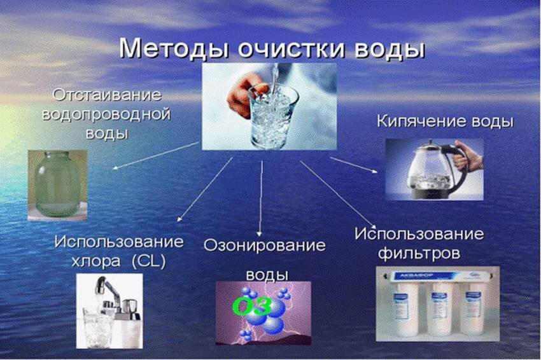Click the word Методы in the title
174,48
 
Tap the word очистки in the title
292,50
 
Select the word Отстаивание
107,95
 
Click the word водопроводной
106,114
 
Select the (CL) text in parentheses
149,261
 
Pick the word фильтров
419,254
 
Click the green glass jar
57,184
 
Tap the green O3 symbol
252,306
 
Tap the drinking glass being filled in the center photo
272,115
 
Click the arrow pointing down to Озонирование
261,199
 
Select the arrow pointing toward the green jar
156,156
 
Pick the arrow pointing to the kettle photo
354,165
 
